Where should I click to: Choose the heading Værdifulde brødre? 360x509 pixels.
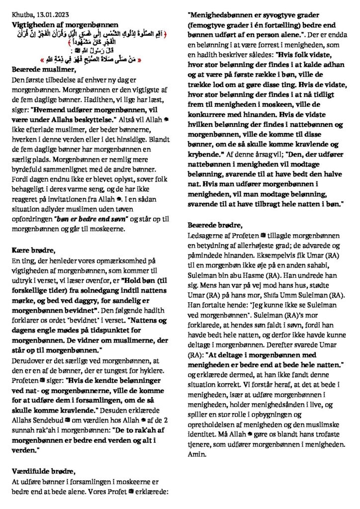43,471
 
